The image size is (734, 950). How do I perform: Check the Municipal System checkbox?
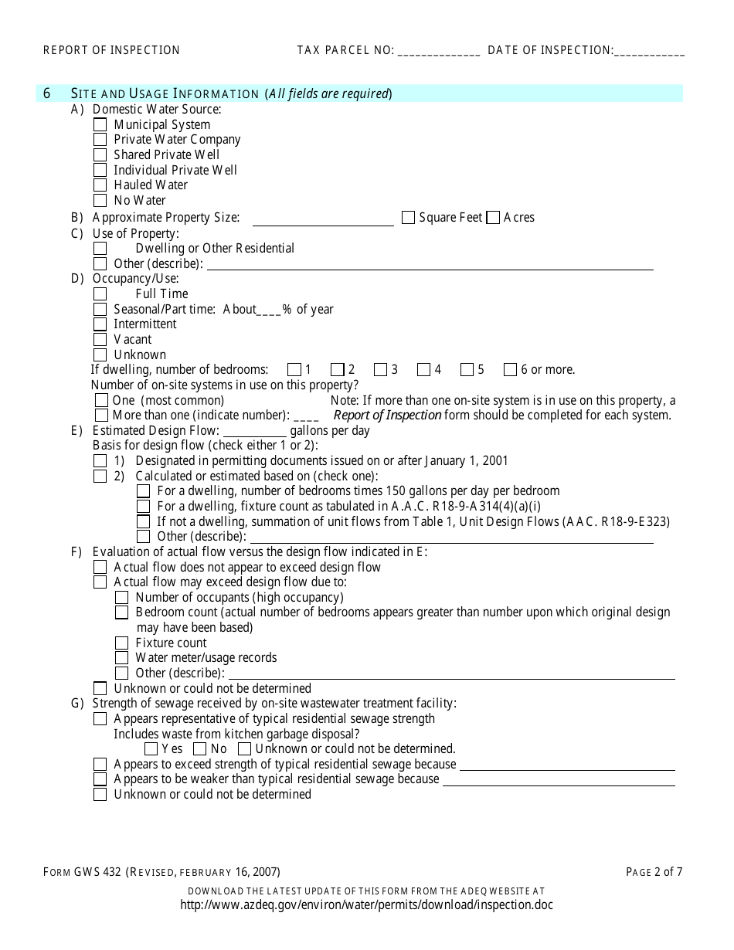100,124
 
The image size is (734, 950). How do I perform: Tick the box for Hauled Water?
100,185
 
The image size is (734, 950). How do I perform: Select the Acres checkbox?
493,218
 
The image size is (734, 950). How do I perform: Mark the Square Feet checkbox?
408,218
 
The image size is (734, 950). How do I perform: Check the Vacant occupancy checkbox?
100,340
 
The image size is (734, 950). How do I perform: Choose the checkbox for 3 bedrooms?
380,370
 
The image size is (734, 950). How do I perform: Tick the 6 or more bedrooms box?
510,370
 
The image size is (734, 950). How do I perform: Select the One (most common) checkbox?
101,400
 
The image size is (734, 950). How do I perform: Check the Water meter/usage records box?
121,658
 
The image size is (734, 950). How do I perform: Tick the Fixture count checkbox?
121,643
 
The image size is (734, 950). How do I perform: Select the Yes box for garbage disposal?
151,749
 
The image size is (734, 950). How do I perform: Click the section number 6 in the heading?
47,93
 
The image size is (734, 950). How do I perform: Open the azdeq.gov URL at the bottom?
366,904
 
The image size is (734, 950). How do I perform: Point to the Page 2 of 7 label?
654,873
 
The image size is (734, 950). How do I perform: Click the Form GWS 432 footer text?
161,873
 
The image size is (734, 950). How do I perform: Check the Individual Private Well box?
100,170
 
